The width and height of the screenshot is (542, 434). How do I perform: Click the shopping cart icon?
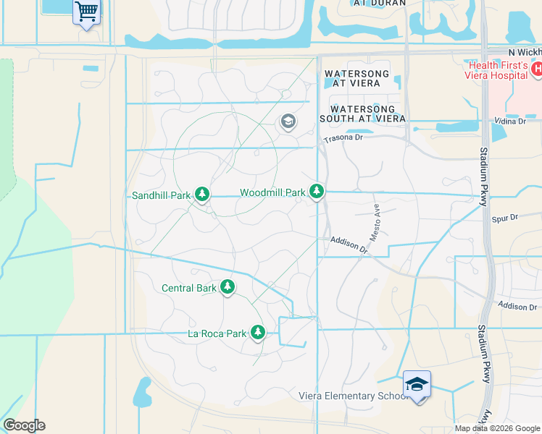pos(86,11)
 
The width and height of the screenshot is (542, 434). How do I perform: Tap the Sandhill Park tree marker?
pos(203,194)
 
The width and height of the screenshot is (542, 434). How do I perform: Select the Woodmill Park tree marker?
pos(317,192)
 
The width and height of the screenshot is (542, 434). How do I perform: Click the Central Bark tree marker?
pos(228,287)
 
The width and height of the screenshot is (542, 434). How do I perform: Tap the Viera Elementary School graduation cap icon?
pos(417,383)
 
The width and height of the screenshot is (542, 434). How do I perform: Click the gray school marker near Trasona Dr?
pos(288,122)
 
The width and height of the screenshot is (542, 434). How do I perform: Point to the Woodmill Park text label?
pos(272,193)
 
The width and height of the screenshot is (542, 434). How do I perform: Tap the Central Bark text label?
pos(188,288)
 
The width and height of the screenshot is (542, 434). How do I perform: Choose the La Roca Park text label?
pos(217,333)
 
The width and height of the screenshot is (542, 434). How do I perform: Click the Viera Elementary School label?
pos(354,396)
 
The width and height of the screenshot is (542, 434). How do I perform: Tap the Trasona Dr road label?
pos(342,137)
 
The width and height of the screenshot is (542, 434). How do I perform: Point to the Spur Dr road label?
pos(504,217)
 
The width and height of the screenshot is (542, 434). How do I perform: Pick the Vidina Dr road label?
pos(511,121)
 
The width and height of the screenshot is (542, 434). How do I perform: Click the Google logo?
pos(23,425)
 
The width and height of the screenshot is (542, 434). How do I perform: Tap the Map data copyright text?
pos(496,428)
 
